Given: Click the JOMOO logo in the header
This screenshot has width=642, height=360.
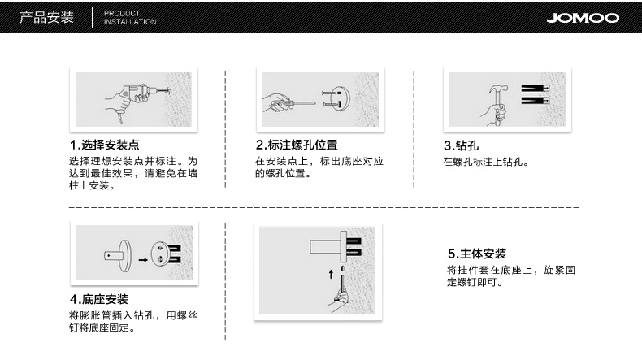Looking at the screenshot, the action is tap(583, 18).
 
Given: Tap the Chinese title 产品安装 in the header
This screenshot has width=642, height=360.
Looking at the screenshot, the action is tap(46, 17).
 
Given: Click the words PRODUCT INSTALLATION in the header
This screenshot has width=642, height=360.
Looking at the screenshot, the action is tap(130, 18).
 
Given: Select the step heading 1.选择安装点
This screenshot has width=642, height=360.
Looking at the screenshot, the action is tap(104, 145).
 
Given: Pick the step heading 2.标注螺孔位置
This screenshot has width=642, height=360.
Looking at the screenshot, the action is tap(297, 145).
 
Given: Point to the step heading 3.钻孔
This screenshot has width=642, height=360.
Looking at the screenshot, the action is tap(461, 145).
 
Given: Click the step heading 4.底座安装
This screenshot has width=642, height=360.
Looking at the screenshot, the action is tap(99, 299).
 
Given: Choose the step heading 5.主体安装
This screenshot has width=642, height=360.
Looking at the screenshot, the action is tap(477, 254).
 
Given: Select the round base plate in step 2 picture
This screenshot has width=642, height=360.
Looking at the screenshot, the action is tap(341, 98).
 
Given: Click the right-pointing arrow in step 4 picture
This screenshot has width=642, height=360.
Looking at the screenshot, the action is tap(143, 260).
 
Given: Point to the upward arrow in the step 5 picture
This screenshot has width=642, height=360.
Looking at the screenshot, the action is tap(331, 274).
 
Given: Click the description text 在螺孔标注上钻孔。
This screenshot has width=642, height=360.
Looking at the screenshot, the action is tap(487, 162).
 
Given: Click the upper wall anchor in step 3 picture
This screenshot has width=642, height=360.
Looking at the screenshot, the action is tap(536, 88).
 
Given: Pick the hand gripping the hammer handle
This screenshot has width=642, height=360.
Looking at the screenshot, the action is tap(495, 113).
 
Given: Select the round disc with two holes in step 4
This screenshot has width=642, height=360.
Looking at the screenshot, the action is tap(160, 254).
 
